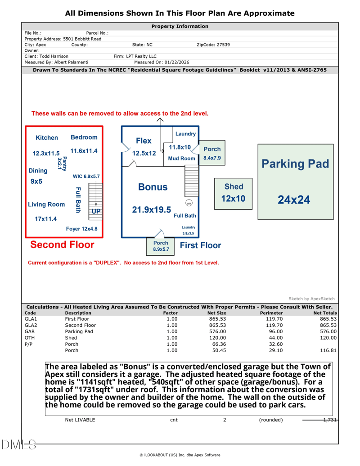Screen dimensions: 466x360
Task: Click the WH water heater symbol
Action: pos(189,203)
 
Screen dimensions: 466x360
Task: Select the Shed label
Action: pos(234,186)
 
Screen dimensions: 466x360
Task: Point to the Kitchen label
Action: pos(47,138)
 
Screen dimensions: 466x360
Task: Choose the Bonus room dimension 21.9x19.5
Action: pos(152,209)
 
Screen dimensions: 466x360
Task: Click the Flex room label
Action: pos(144,141)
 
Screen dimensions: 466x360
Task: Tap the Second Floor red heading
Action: pos(62,245)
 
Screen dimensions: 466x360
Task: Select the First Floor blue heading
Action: pos(200,245)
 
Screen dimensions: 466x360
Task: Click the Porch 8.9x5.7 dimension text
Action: pos(161,249)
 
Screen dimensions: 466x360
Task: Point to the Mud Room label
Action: pos(181,158)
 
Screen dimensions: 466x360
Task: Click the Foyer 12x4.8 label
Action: pos(81,229)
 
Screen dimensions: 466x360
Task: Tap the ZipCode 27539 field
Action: pos(213,45)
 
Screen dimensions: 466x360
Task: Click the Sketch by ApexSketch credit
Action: pos(311,299)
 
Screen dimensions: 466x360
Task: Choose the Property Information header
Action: pos(180,27)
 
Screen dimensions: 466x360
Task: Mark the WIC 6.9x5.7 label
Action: pos(86,176)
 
